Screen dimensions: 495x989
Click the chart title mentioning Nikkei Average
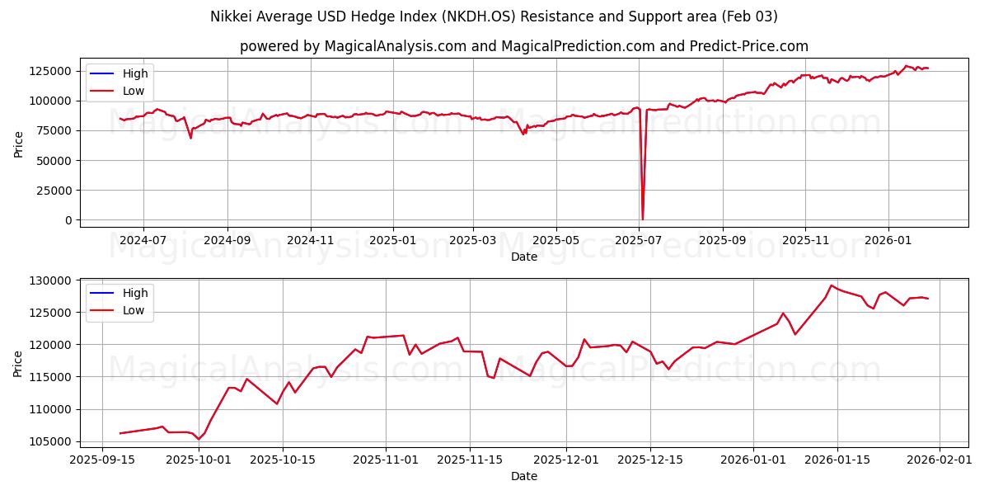coord(494,16)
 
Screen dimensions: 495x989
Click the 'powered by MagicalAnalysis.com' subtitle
coord(523,46)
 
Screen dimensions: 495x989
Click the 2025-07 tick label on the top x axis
coord(639,240)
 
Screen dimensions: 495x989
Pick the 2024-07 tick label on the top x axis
coord(143,240)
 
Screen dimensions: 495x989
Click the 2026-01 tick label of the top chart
coord(888,240)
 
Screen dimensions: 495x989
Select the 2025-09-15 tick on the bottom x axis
coord(102,460)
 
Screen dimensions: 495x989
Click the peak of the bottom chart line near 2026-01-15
coord(831,285)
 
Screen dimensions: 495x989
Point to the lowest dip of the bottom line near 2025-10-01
coord(198,439)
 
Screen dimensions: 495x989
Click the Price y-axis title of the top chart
coord(19,144)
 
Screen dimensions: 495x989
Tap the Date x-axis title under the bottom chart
coord(523,476)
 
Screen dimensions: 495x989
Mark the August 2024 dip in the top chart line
coord(190,138)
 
